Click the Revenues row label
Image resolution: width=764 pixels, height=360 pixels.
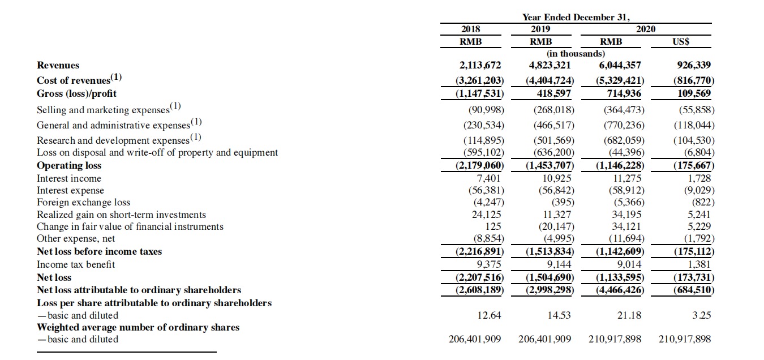(x=58, y=65)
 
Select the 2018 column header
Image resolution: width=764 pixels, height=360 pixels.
(x=470, y=29)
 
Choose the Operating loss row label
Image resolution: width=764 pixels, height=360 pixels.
(x=69, y=165)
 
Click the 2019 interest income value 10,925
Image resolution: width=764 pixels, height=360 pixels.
(x=557, y=178)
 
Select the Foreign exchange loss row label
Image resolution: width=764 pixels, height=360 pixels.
(x=83, y=202)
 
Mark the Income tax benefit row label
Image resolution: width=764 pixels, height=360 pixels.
(x=76, y=264)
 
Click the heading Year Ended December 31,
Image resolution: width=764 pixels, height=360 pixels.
(x=575, y=17)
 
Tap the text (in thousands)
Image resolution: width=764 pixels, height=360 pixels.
(x=576, y=53)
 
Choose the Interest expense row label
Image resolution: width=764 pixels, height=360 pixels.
(x=70, y=190)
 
